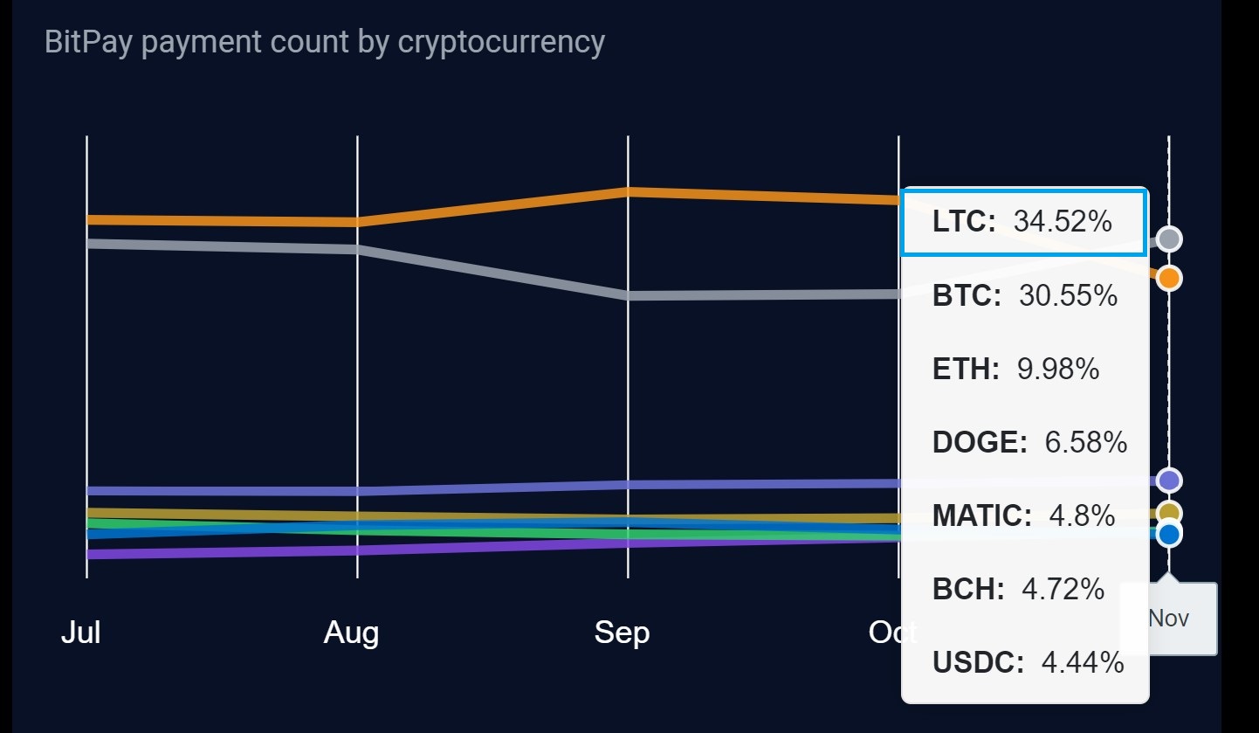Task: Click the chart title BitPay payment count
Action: pos(324,42)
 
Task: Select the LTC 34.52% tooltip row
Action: pos(1022,222)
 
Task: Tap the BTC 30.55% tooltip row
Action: pos(1024,296)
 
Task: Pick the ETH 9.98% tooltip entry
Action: pos(1015,370)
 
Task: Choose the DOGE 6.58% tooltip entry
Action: pos(1029,443)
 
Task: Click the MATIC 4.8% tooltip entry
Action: pos(1023,515)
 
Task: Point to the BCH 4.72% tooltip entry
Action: pos(1018,589)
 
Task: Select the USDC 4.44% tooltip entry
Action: pos(1028,663)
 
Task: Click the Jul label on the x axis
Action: pos(80,632)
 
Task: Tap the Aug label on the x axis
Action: pos(351,632)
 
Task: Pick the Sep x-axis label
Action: pos(622,632)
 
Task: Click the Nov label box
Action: pos(1169,619)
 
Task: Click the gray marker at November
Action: pos(1169,239)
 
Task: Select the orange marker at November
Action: pos(1169,279)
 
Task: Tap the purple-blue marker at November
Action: pos(1169,480)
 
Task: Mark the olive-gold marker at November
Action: pos(1169,513)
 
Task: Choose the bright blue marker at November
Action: pos(1169,534)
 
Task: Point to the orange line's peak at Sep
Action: pos(628,191)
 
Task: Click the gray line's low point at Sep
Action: pos(628,295)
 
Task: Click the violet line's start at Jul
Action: pos(87,554)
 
